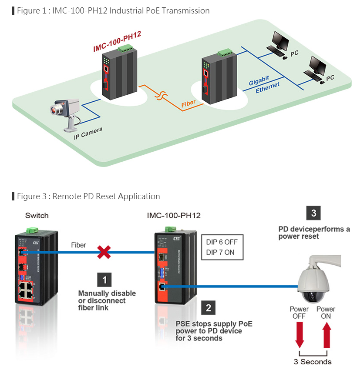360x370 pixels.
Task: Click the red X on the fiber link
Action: click(x=104, y=252)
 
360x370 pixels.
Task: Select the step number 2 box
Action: click(x=208, y=308)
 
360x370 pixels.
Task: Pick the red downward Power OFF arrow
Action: click(x=299, y=335)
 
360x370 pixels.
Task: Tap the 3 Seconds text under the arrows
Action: click(x=313, y=362)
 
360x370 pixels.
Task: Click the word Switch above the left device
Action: click(x=37, y=216)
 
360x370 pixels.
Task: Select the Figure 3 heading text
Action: click(x=88, y=196)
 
